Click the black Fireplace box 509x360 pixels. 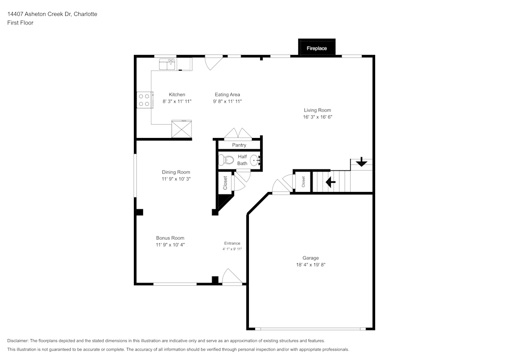pyautogui.click(x=317, y=48)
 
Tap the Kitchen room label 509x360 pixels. pyautogui.click(x=177, y=95)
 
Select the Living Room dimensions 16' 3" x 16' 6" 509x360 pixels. pyautogui.click(x=318, y=117)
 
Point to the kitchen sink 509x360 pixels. pyautogui.click(x=167, y=64)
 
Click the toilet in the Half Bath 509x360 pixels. pyautogui.click(x=225, y=160)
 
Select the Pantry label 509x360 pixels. pyautogui.click(x=239, y=145)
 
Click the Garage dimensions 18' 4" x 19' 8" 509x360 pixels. pyautogui.click(x=310, y=265)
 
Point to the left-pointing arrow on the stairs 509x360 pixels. pyautogui.click(x=330, y=181)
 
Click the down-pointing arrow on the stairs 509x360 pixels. pyautogui.click(x=361, y=162)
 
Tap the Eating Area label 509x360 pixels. pyautogui.click(x=228, y=95)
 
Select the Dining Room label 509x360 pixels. pyautogui.click(x=176, y=172)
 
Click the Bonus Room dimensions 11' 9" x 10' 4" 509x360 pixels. pyautogui.click(x=170, y=245)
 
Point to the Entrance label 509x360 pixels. pyautogui.click(x=232, y=243)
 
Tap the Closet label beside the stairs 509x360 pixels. pyautogui.click(x=303, y=181)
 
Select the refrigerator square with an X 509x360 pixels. pyautogui.click(x=182, y=129)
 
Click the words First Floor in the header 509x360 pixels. pyautogui.click(x=20, y=23)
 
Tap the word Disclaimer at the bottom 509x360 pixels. pyautogui.click(x=18, y=341)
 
